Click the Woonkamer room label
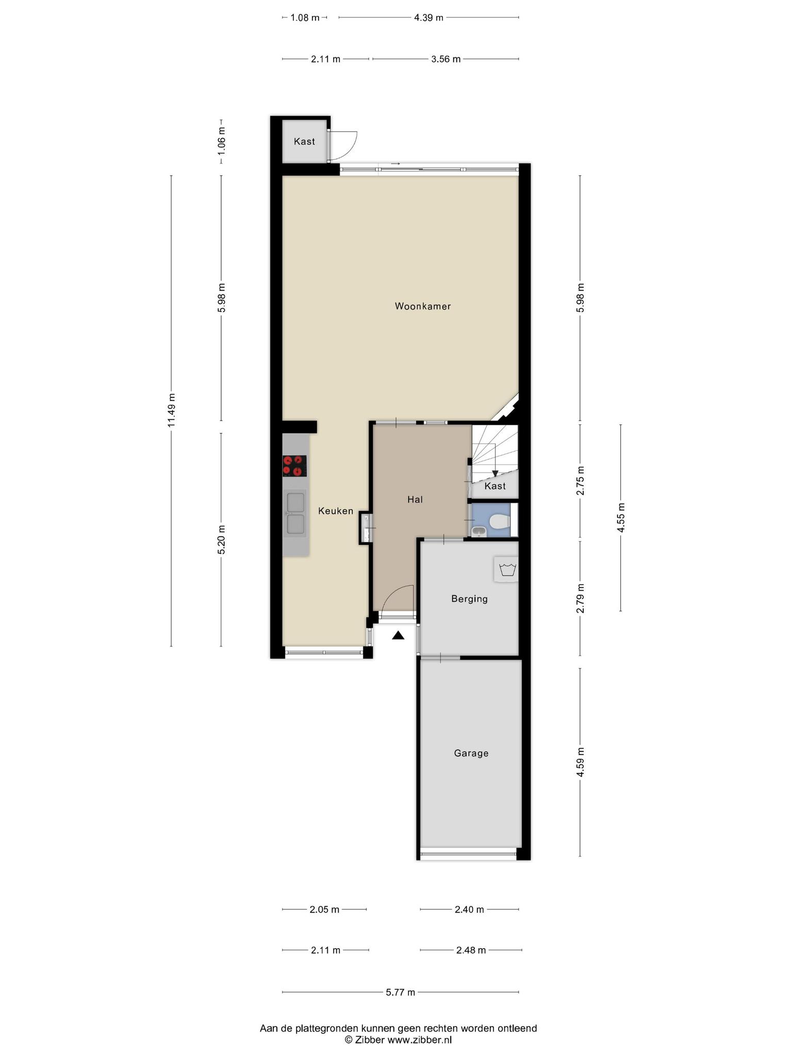pos(423,306)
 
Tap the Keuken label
pos(336,511)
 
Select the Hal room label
pos(415,499)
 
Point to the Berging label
pos(469,599)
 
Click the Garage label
pos(471,753)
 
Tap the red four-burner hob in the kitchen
pos(294,466)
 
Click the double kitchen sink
pos(295,513)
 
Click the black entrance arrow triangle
pos(398,635)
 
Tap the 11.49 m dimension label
pos(172,410)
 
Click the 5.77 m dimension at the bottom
pos(401,992)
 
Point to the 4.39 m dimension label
pos(428,18)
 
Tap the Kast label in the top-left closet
pos(304,141)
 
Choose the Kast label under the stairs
pos(495,486)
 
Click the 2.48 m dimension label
pos(471,950)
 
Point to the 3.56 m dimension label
pos(446,59)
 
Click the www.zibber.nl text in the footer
pos(419,1040)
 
